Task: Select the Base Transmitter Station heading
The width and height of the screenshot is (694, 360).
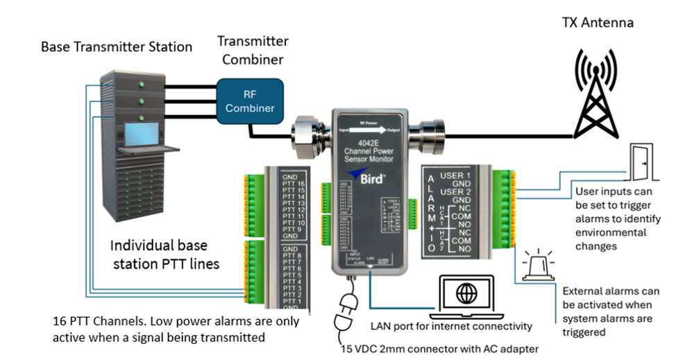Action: click(x=117, y=47)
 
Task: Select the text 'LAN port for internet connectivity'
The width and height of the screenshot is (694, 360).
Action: click(x=451, y=326)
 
